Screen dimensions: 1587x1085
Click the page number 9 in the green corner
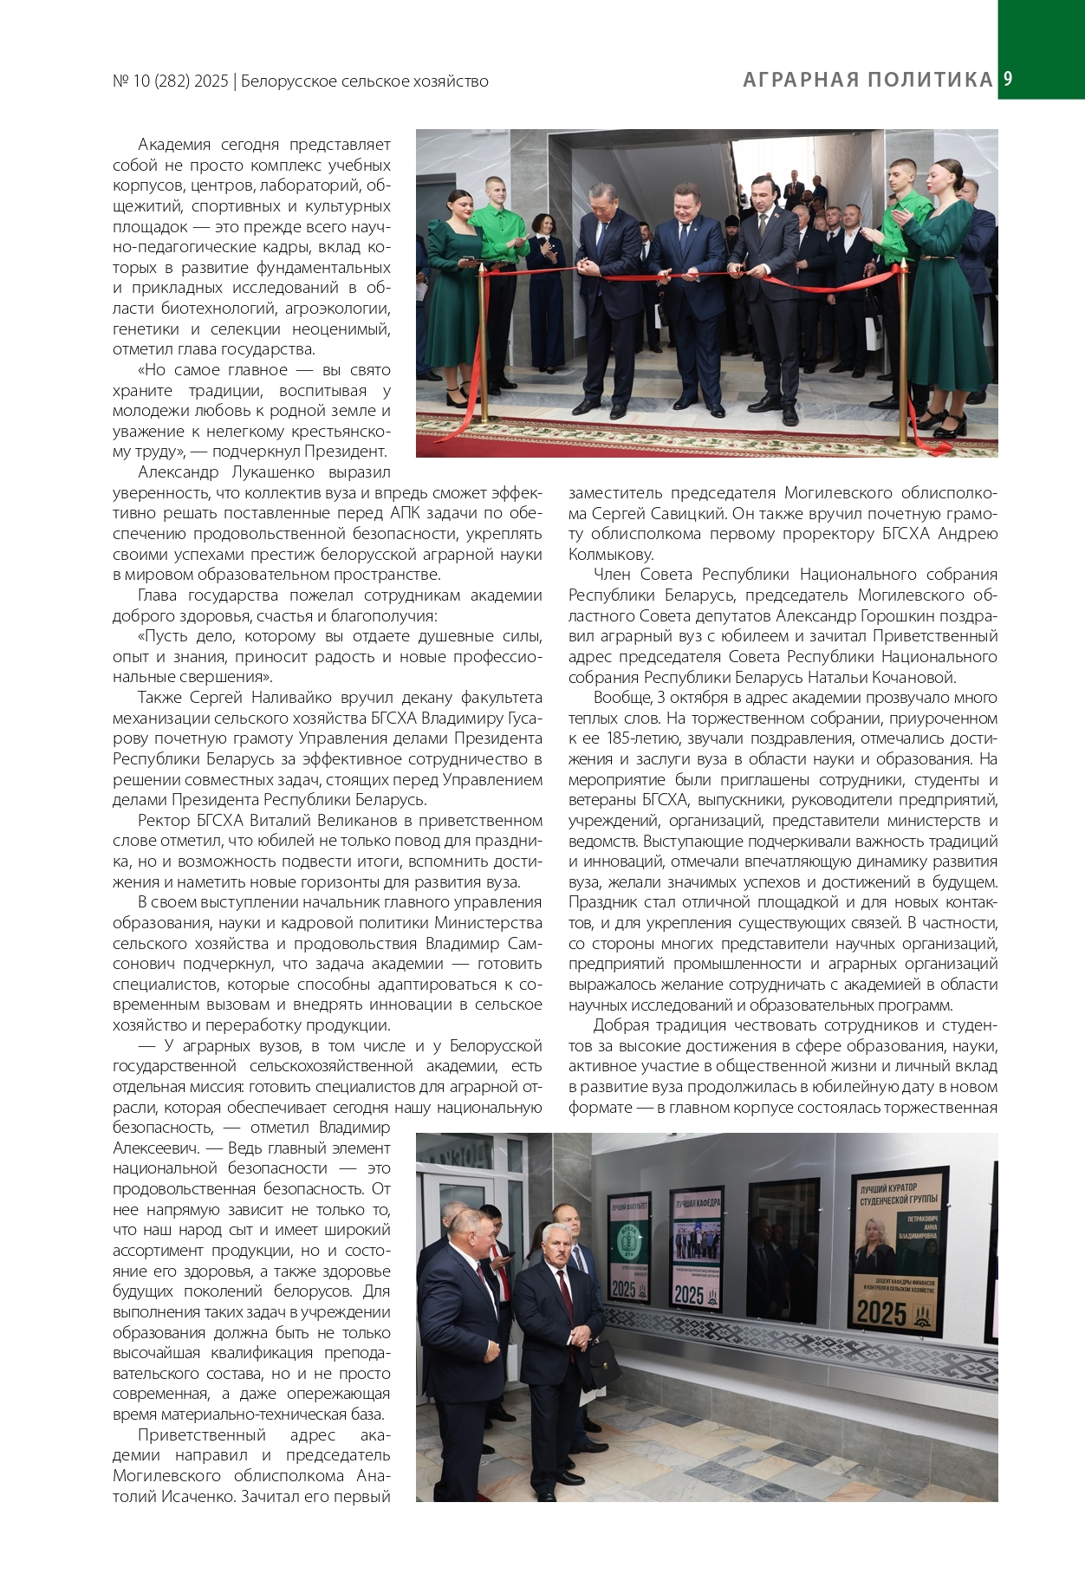pyautogui.click(x=1008, y=79)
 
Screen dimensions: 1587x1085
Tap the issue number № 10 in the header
pyautogui.click(x=131, y=81)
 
